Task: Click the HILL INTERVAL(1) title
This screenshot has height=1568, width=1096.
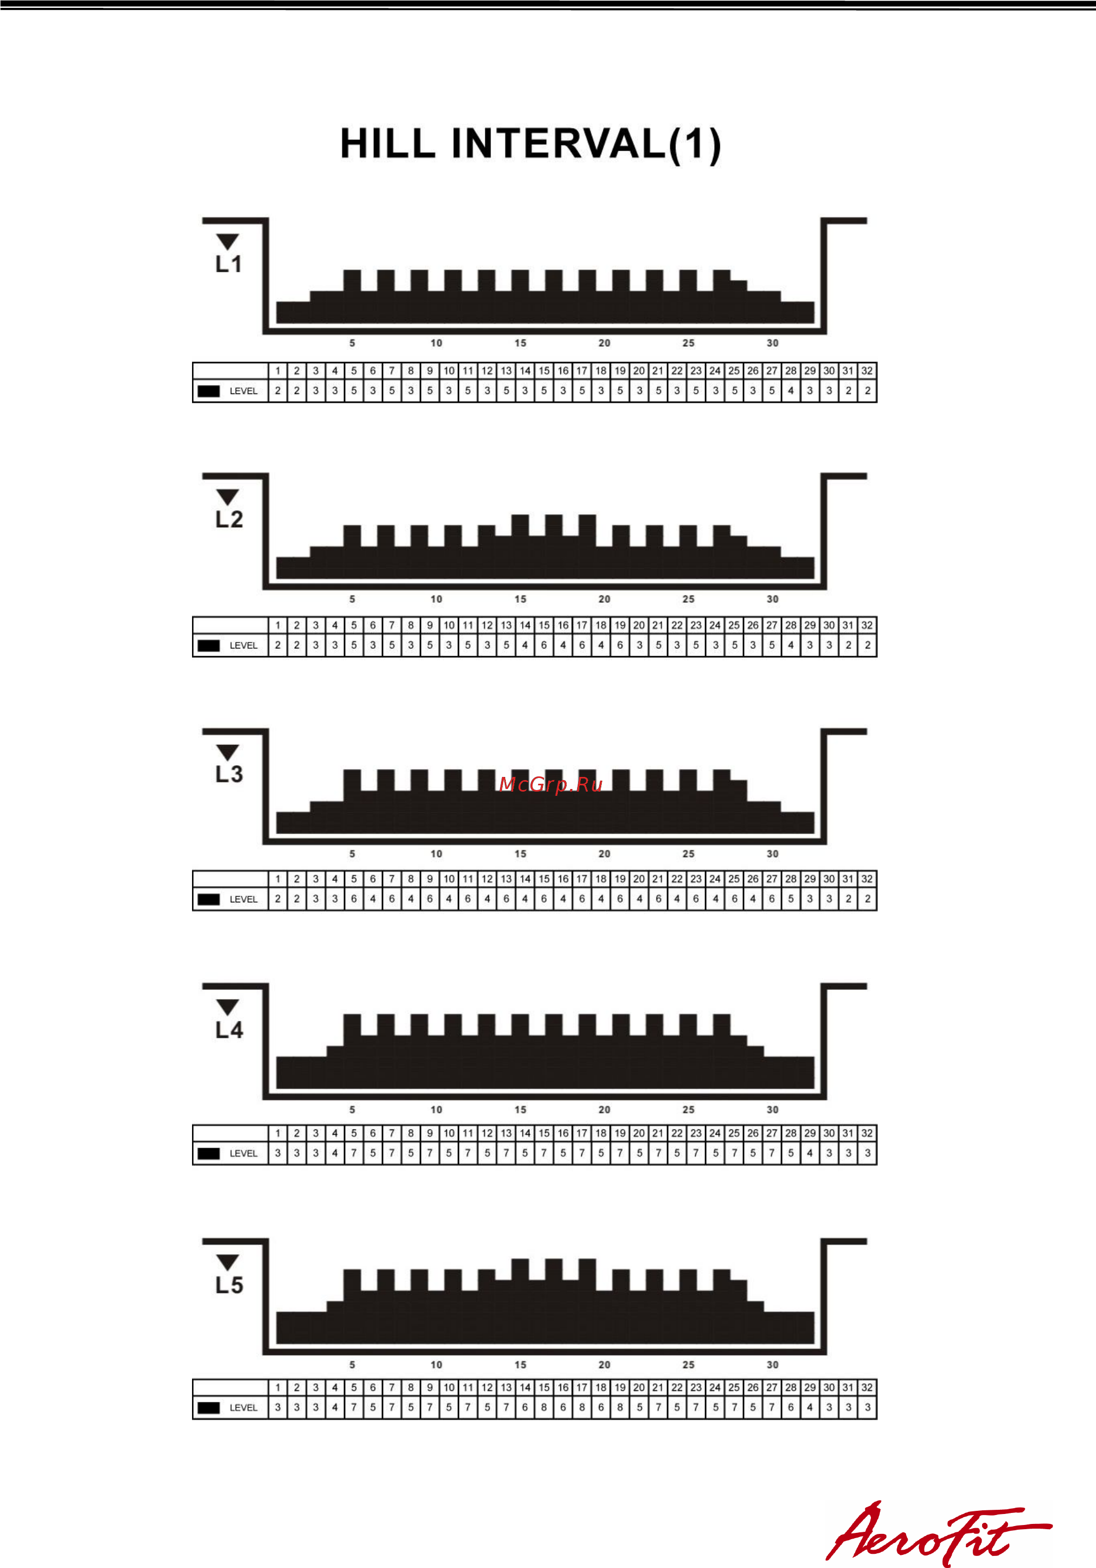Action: [x=530, y=144]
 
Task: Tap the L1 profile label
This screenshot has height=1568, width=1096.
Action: [x=229, y=264]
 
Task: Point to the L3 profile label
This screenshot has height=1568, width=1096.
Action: [x=229, y=774]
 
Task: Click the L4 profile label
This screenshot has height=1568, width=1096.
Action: [x=229, y=1030]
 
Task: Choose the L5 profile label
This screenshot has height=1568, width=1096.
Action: [x=229, y=1285]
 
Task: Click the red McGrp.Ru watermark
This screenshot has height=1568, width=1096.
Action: [x=551, y=785]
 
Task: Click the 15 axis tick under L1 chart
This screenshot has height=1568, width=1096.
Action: [x=520, y=343]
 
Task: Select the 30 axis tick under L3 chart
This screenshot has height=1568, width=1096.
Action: [x=772, y=854]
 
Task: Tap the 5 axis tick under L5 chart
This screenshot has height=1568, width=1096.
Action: [x=353, y=1364]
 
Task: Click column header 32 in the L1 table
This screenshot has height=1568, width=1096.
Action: [x=867, y=371]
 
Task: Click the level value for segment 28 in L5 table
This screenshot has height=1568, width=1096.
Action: [x=791, y=1407]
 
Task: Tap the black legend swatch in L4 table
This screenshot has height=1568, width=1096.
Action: [x=209, y=1154]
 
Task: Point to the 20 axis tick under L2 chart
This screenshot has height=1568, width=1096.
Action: [x=604, y=599]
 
